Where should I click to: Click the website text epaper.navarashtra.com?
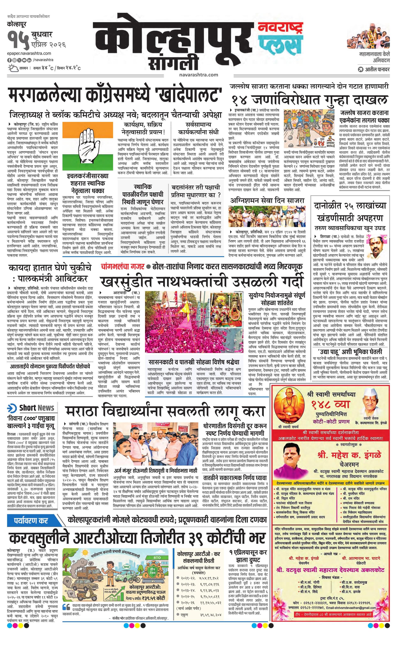(29, 53)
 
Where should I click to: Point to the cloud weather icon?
(13, 68)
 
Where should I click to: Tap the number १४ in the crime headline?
(239, 100)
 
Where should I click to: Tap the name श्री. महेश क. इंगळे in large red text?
(349, 455)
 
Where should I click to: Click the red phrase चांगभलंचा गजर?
(122, 267)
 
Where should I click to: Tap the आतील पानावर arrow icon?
(360, 70)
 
